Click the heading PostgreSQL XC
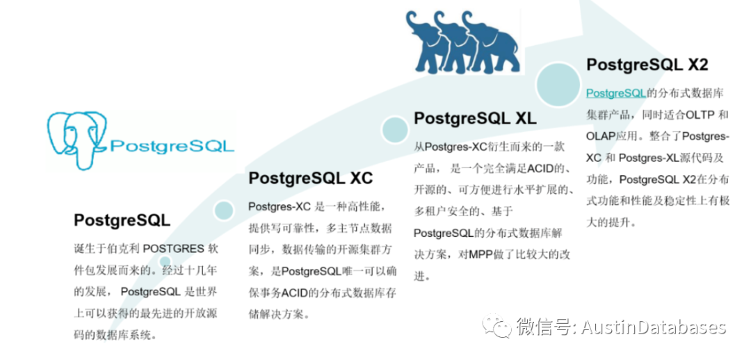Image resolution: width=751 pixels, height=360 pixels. pyautogui.click(x=310, y=178)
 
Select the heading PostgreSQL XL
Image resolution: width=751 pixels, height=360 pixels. pyautogui.click(x=475, y=118)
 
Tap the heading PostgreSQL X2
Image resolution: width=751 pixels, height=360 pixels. pyautogui.click(x=647, y=65)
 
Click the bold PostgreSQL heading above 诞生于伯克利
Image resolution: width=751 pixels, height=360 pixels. pyautogui.click(x=122, y=220)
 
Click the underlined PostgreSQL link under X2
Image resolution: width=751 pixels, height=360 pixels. pyautogui.click(x=616, y=93)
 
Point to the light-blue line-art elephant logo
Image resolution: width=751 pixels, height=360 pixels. pyautogui.click(x=76, y=140)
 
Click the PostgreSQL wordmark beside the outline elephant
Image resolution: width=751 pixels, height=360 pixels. pyautogui.click(x=172, y=145)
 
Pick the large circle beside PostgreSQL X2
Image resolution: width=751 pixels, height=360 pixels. pyautogui.click(x=558, y=84)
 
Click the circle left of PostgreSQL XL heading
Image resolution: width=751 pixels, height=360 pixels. pyautogui.click(x=395, y=129)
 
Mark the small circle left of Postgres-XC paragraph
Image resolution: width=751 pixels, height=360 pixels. pyautogui.click(x=224, y=210)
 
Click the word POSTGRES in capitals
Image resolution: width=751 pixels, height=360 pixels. pyautogui.click(x=174, y=249)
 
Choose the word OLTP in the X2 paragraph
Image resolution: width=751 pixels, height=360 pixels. pyautogui.click(x=702, y=115)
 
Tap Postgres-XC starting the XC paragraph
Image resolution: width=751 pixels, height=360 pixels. pyautogui.click(x=280, y=206)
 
